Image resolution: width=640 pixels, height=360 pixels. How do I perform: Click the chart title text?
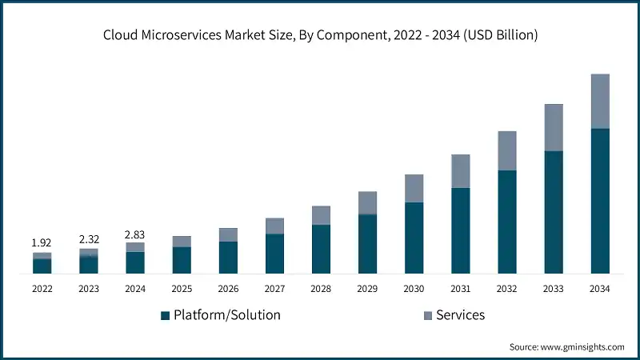320,34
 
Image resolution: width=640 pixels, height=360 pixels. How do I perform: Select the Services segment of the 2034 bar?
600,101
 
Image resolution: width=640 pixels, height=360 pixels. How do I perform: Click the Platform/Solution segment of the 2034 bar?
600,200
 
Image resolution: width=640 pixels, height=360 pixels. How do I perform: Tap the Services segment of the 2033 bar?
554,127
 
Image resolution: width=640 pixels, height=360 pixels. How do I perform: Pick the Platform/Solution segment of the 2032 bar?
507,222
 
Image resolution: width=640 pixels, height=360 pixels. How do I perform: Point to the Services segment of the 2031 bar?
461,171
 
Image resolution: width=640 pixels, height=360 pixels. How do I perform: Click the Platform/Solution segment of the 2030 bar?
414,238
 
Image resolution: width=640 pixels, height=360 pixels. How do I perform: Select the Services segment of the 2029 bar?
367,203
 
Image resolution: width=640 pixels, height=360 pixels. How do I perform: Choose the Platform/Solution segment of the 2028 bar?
321,249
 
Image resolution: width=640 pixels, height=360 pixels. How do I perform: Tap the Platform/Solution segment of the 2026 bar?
228,257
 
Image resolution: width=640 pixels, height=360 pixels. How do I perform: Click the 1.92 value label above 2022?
42,242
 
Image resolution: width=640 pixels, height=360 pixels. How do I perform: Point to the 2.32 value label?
89,238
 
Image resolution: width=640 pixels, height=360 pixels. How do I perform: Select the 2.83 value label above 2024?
135,234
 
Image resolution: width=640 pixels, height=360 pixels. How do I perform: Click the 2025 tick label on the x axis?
182,288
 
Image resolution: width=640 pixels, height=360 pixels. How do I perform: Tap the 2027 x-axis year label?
274,288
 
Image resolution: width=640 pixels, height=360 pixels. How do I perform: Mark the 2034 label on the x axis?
600,288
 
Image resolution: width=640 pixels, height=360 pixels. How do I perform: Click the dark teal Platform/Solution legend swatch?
166,315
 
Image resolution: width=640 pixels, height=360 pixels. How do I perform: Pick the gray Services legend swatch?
428,315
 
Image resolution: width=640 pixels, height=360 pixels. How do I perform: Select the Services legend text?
461,315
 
